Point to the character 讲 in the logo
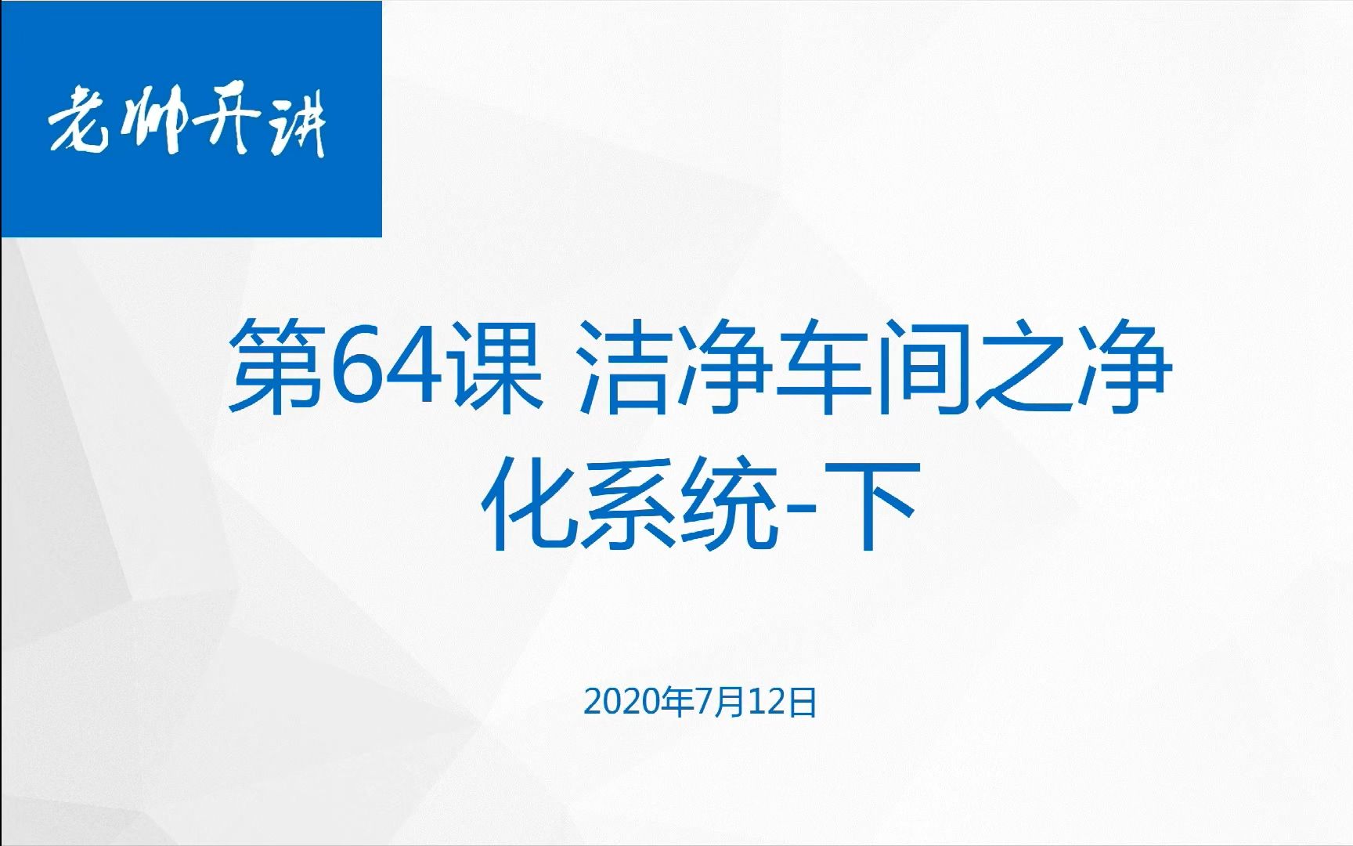(x=294, y=125)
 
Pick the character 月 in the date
(x=732, y=703)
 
